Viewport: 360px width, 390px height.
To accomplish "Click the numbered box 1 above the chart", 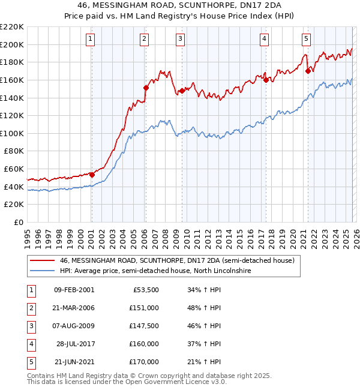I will [91, 39].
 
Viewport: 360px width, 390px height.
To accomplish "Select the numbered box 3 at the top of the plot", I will [180, 39].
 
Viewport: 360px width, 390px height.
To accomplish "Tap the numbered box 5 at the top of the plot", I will [306, 39].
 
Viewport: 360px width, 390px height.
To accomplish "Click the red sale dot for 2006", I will [146, 88].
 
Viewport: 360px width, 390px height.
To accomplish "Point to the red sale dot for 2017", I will [265, 80].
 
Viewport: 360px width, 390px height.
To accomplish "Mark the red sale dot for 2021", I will [308, 71].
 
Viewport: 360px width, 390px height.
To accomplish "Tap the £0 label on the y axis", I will [18, 222].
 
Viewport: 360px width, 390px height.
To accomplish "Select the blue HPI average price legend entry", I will [155, 271].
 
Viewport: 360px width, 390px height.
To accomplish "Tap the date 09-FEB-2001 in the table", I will [74, 290].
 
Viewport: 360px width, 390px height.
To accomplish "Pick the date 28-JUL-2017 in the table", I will [74, 344].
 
